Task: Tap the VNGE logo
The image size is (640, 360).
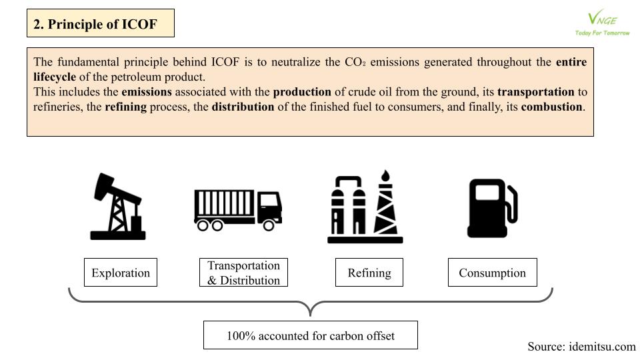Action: [x=602, y=23]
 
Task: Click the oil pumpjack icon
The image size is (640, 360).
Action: [x=117, y=206]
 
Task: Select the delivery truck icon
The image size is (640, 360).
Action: [x=238, y=210]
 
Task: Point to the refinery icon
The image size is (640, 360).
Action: [x=365, y=207]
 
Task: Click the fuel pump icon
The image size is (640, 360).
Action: [x=492, y=208]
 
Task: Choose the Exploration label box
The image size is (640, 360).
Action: [x=121, y=272]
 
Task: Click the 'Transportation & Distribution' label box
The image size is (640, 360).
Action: [x=244, y=272]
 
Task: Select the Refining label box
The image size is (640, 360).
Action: [x=369, y=272]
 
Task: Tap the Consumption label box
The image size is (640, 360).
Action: [x=492, y=272]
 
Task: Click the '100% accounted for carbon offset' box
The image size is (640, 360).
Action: [x=311, y=335]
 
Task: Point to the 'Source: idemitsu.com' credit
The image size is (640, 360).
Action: [x=581, y=347]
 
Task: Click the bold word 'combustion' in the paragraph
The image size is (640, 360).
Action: [x=551, y=107]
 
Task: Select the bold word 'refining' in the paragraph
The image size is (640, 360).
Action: [x=126, y=107]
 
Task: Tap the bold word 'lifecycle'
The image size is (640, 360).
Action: [x=55, y=77]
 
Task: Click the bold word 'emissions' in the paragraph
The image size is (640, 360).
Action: [x=147, y=92]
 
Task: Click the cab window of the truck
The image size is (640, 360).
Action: [x=269, y=200]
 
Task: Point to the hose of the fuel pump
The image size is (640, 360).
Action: [x=512, y=204]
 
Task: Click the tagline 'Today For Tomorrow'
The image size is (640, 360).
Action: [x=603, y=33]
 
